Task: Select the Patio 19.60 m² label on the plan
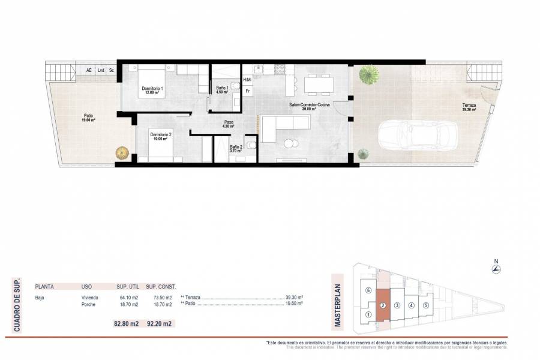[x=88, y=118]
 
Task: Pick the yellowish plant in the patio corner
[x=122, y=152]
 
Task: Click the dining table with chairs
[x=318, y=85]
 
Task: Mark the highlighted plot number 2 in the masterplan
[x=382, y=305]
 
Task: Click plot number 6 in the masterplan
[x=368, y=291]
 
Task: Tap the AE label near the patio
[x=89, y=70]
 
